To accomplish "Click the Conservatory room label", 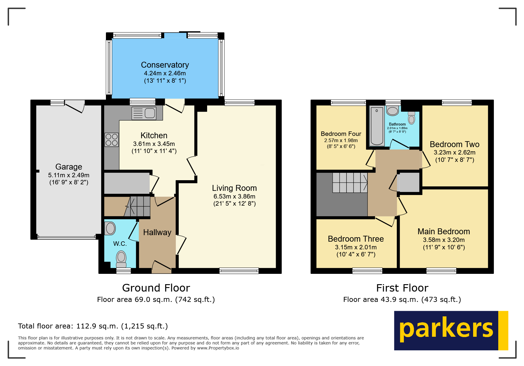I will (165, 65).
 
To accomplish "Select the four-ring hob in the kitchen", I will (112, 140).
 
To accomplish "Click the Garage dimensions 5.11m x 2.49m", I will (69, 175).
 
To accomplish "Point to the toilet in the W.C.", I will (121, 259).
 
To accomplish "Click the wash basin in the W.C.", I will (110, 228).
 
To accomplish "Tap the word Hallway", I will (157, 232).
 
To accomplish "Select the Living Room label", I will (234, 188).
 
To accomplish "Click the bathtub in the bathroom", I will (377, 126).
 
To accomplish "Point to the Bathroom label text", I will (397, 124).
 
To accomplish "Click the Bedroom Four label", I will (341, 134).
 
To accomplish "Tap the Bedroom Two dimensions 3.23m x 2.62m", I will (454, 152).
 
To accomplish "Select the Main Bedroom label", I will (444, 232).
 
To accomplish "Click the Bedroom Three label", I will (356, 239).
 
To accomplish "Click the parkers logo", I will (451, 331).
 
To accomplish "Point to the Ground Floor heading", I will (156, 288).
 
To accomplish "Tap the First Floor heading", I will (402, 288).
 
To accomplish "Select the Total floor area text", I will (93, 326).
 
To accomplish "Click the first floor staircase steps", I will (350, 183).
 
